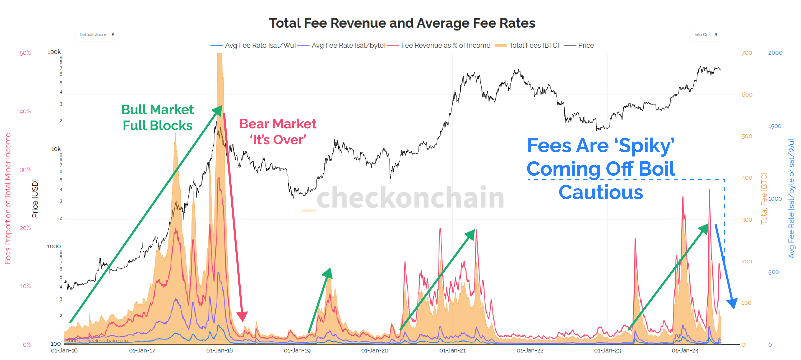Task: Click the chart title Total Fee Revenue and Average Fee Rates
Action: click(x=402, y=23)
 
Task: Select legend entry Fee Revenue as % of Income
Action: click(x=445, y=45)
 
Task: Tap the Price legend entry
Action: click(x=586, y=45)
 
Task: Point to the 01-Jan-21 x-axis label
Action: click(x=452, y=350)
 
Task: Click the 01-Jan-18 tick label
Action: click(x=219, y=350)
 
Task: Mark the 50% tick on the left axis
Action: click(x=26, y=53)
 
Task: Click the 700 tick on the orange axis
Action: click(x=747, y=53)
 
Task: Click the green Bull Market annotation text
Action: click(x=157, y=117)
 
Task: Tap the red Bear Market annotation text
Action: click(x=278, y=131)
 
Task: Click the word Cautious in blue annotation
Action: click(x=601, y=192)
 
